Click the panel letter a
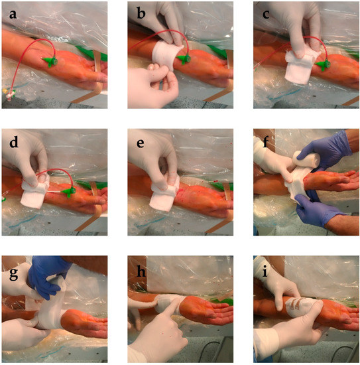tap(13, 14)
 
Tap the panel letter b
tap(141, 13)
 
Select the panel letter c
tap(266, 14)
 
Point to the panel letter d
tap(14, 141)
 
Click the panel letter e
tap(141, 143)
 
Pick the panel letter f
tap(266, 141)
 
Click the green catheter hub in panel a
tap(50, 62)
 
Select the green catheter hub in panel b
tap(184, 59)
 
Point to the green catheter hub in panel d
tap(68, 192)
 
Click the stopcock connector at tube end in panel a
tap(9, 94)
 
